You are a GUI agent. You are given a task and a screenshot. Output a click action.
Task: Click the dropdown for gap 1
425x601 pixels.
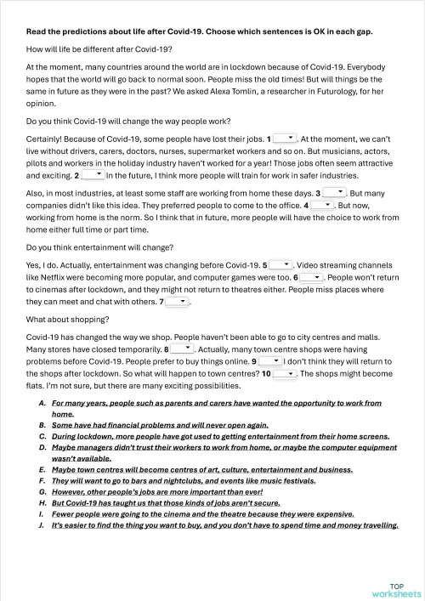click(x=285, y=137)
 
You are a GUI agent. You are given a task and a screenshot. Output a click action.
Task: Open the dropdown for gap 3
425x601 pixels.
click(x=334, y=193)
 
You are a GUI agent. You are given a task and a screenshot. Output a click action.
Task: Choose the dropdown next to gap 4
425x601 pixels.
click(x=322, y=205)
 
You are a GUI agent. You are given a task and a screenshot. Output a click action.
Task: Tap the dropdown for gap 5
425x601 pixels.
click(x=281, y=264)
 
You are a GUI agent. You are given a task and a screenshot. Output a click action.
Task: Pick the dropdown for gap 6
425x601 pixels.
click(x=311, y=276)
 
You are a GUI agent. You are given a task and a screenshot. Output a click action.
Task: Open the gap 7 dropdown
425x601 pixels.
click(x=176, y=301)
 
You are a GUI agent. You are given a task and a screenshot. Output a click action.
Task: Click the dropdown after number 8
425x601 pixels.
click(x=183, y=348)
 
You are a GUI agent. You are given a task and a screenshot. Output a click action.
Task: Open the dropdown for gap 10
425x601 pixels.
click(x=284, y=372)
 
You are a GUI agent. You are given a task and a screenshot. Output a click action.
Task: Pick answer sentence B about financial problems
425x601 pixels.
click(x=160, y=424)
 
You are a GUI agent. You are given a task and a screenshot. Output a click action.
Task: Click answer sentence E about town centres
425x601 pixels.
click(x=201, y=468)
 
